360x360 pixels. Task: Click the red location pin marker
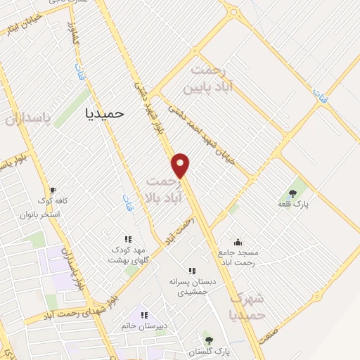pos(181,165)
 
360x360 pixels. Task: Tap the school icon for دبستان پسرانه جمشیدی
pos(191,271)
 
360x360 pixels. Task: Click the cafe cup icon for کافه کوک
pos(52,190)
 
